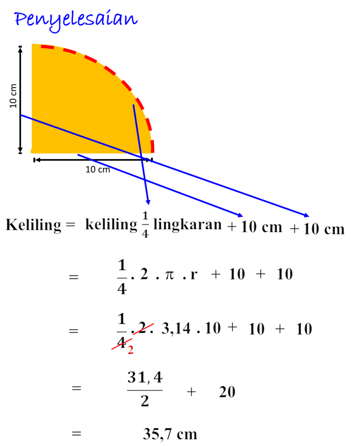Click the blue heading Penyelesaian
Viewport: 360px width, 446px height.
(x=76, y=20)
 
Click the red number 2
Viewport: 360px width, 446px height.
(x=130, y=350)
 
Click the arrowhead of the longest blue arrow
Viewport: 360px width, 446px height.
(x=308, y=215)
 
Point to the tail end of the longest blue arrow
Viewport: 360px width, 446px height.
(x=21, y=115)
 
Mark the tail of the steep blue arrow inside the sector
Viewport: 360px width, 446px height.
(x=133, y=105)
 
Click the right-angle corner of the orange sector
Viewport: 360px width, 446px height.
(x=32, y=153)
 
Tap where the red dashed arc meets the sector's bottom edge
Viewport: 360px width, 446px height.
(x=153, y=153)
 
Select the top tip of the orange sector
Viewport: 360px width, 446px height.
(x=32, y=44)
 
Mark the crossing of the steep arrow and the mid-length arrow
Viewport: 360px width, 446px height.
(x=144, y=178)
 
